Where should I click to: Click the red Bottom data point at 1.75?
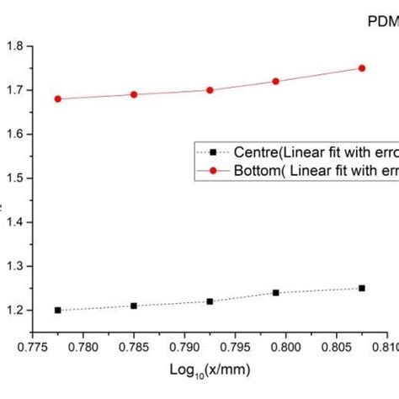(x=362, y=68)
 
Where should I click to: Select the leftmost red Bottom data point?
(x=57, y=98)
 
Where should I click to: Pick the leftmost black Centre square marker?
(x=57, y=310)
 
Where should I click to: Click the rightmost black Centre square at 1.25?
(x=362, y=288)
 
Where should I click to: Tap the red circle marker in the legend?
(x=214, y=168)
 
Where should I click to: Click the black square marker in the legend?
(x=214, y=152)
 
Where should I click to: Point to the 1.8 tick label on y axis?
(x=15, y=46)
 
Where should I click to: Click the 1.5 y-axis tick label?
(x=15, y=178)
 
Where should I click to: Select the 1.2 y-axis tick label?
(x=15, y=310)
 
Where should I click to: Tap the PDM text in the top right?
(x=384, y=23)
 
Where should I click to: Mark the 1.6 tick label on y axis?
(x=15, y=134)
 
